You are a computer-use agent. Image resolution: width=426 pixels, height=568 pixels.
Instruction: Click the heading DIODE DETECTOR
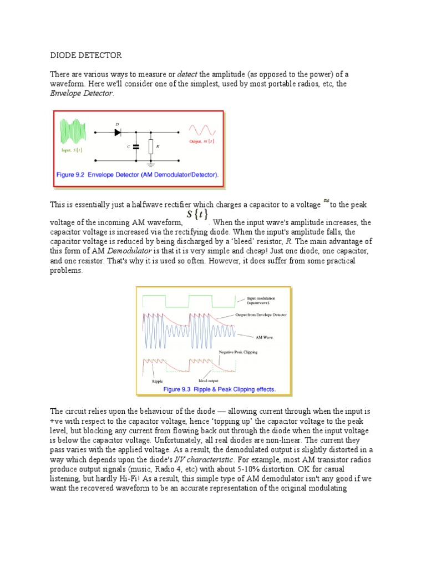tap(86, 56)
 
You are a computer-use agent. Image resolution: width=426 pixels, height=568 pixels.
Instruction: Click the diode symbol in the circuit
tap(118, 132)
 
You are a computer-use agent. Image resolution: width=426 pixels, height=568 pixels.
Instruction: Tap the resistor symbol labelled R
tap(151, 146)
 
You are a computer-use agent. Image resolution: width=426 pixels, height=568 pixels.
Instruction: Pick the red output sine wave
tap(201, 130)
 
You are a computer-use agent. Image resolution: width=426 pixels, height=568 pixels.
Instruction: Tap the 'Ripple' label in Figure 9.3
tap(158, 382)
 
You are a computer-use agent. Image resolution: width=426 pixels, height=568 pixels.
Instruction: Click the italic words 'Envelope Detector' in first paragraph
tap(82, 94)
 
